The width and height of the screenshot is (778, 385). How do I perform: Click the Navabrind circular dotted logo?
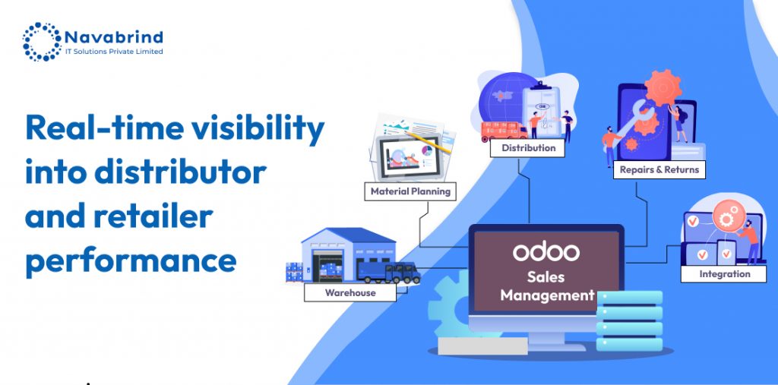(42, 42)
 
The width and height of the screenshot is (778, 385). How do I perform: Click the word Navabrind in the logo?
(114, 37)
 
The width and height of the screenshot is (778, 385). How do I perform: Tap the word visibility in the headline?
(258, 128)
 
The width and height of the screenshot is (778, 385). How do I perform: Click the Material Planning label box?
(410, 191)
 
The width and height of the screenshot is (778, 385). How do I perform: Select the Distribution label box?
(527, 148)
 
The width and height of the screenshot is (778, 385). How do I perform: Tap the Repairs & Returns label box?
(659, 169)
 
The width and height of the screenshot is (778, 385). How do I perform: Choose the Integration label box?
(723, 274)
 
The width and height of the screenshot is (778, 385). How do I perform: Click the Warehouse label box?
(350, 292)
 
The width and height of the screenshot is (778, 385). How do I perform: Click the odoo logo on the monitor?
(546, 251)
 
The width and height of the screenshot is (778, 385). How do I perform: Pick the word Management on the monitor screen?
(547, 295)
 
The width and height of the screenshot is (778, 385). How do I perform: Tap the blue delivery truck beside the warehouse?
(388, 273)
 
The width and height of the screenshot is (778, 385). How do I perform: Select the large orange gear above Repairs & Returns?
(663, 87)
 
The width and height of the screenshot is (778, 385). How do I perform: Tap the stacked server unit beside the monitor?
(629, 320)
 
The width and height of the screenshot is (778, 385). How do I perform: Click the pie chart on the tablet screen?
(426, 150)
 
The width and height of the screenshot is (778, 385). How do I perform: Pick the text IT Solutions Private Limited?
(114, 52)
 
